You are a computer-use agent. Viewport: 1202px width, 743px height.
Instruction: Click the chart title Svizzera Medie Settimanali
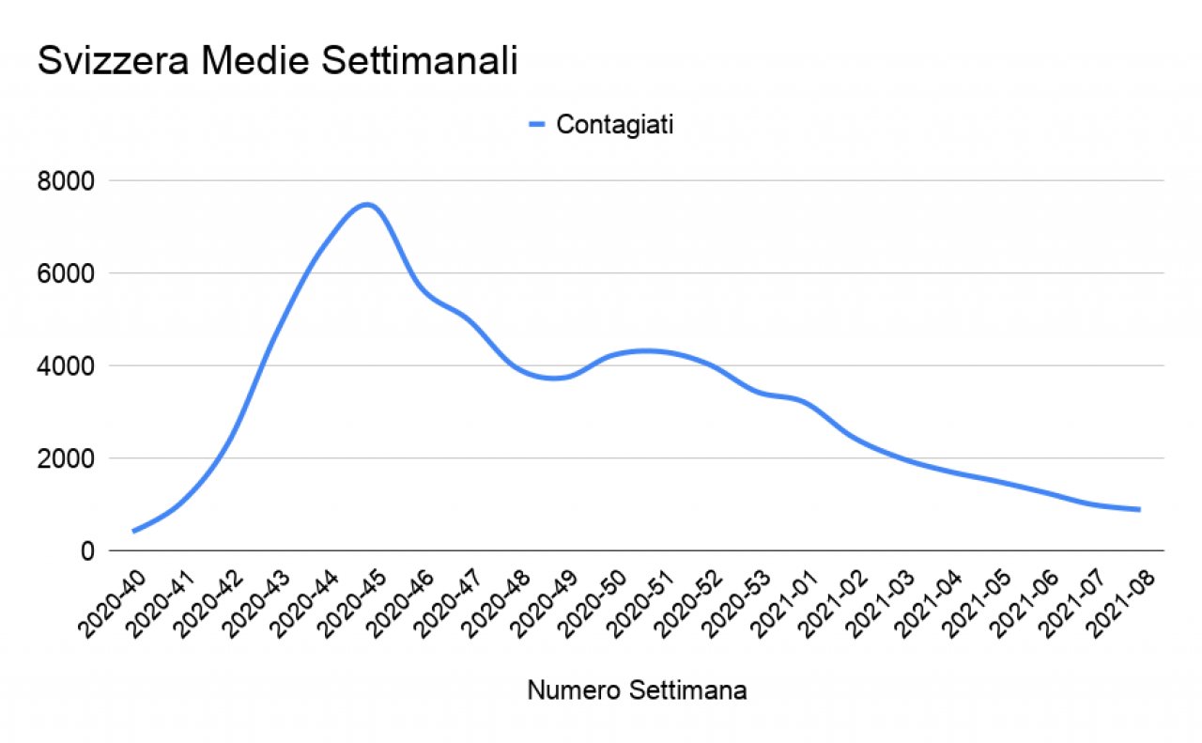click(277, 62)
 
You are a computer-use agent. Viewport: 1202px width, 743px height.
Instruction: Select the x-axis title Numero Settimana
click(637, 691)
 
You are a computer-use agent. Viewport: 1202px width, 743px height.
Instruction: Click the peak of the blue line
click(368, 204)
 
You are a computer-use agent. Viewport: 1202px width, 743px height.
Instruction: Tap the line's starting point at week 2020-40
click(134, 531)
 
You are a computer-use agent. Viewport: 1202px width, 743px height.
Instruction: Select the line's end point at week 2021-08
click(1139, 509)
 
